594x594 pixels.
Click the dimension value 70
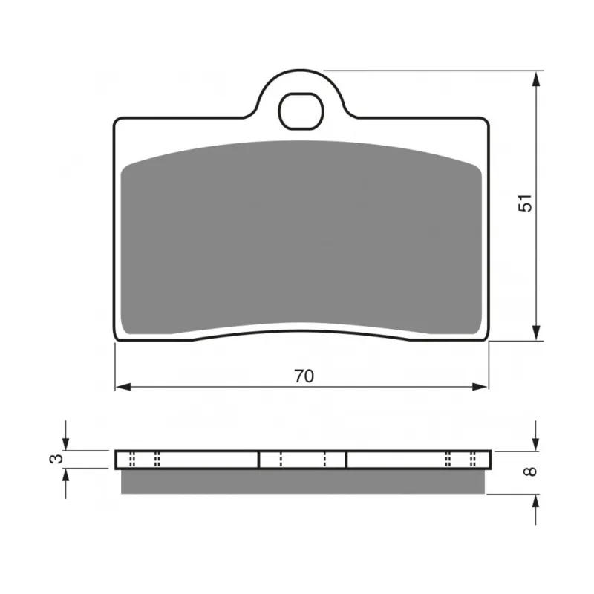[304, 376]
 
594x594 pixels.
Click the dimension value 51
[525, 203]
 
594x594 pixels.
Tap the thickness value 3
[56, 459]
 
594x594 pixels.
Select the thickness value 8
[530, 471]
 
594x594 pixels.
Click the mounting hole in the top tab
[301, 111]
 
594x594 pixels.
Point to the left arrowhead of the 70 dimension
[123, 387]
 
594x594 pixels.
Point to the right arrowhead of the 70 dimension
[480, 387]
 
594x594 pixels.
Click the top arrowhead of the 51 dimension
[535, 79]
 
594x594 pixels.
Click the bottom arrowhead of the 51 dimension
[535, 332]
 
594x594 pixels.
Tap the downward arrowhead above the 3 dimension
[66, 443]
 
